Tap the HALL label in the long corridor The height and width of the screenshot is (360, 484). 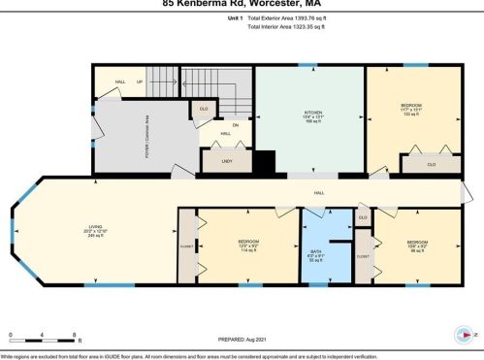click(x=318, y=194)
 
